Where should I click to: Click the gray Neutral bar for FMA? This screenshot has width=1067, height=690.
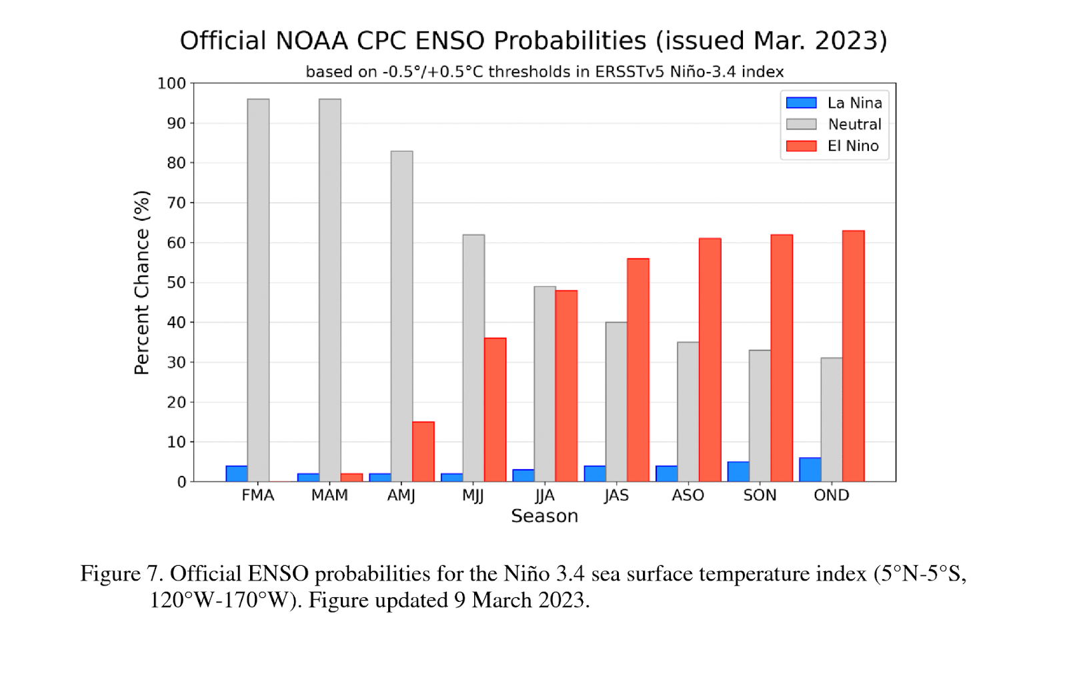point(258,290)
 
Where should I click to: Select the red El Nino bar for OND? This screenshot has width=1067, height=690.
point(853,356)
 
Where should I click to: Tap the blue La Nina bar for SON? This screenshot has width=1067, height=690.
point(738,472)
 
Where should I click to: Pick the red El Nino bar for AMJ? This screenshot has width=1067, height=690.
point(423,452)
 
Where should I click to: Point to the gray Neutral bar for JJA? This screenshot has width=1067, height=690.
point(545,384)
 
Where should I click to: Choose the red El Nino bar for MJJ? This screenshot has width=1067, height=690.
point(495,410)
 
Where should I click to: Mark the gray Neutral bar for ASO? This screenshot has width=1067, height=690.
point(688,412)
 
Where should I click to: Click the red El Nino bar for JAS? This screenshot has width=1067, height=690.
point(638,370)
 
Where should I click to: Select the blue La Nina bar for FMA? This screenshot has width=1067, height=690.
point(237,474)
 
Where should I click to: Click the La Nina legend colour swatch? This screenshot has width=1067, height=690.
point(801,103)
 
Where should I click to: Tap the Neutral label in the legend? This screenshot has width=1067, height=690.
point(854,124)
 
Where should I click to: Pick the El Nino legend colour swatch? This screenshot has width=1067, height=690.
point(801,146)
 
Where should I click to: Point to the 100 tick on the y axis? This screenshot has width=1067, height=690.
point(171,83)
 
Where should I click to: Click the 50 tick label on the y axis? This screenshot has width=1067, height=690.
point(176,282)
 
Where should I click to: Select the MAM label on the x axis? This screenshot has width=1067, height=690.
point(329,495)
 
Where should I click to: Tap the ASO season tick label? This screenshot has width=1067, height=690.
point(688,495)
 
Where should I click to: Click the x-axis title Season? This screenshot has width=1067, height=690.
point(544,516)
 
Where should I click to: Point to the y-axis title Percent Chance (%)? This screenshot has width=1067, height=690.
point(141,282)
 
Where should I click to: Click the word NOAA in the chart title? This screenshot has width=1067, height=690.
point(311,41)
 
